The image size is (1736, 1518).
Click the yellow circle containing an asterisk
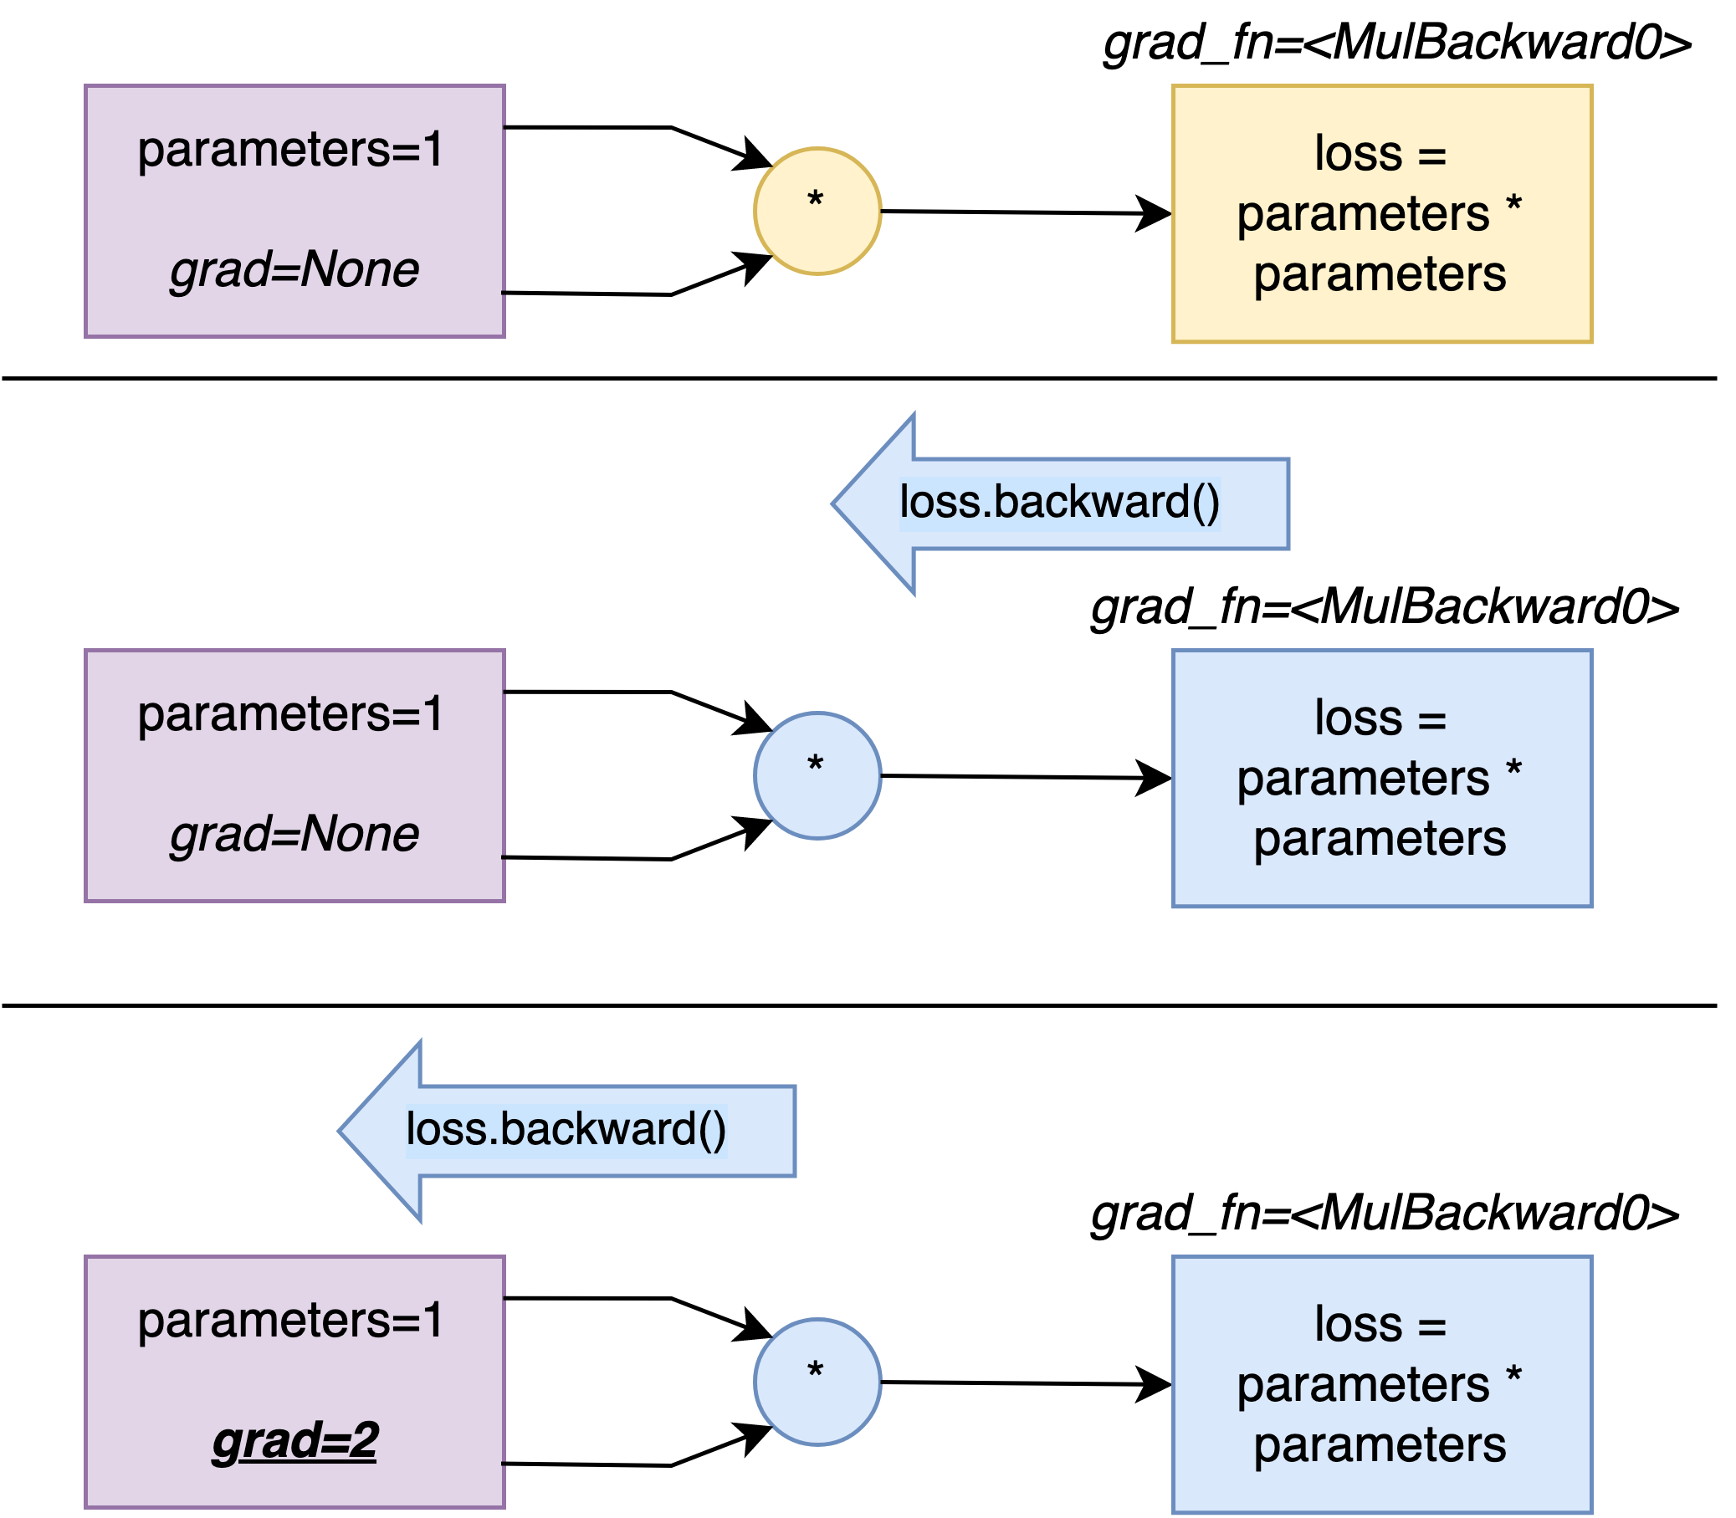[x=817, y=211]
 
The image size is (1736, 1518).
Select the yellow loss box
[x=1382, y=213]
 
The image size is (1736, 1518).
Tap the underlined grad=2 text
[x=294, y=1441]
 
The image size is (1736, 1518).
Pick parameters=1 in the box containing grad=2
[x=289, y=1320]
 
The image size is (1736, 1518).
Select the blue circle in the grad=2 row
[x=817, y=1382]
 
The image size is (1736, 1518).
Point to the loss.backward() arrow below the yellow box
[x=1059, y=504]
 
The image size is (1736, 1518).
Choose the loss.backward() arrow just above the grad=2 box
[x=566, y=1131]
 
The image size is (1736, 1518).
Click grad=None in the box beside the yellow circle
[x=294, y=270]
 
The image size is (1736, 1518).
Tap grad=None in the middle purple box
[x=294, y=835]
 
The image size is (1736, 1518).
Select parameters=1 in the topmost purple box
[x=289, y=150]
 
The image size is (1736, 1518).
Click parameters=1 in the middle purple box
[x=289, y=714]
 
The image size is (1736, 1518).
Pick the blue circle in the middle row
[x=817, y=775]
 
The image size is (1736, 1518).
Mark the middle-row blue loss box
[x=1382, y=779]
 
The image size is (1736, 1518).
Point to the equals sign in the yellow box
[x=1431, y=155]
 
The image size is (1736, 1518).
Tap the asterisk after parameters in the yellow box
[x=1514, y=204]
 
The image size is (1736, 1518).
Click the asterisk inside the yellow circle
[x=815, y=201]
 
